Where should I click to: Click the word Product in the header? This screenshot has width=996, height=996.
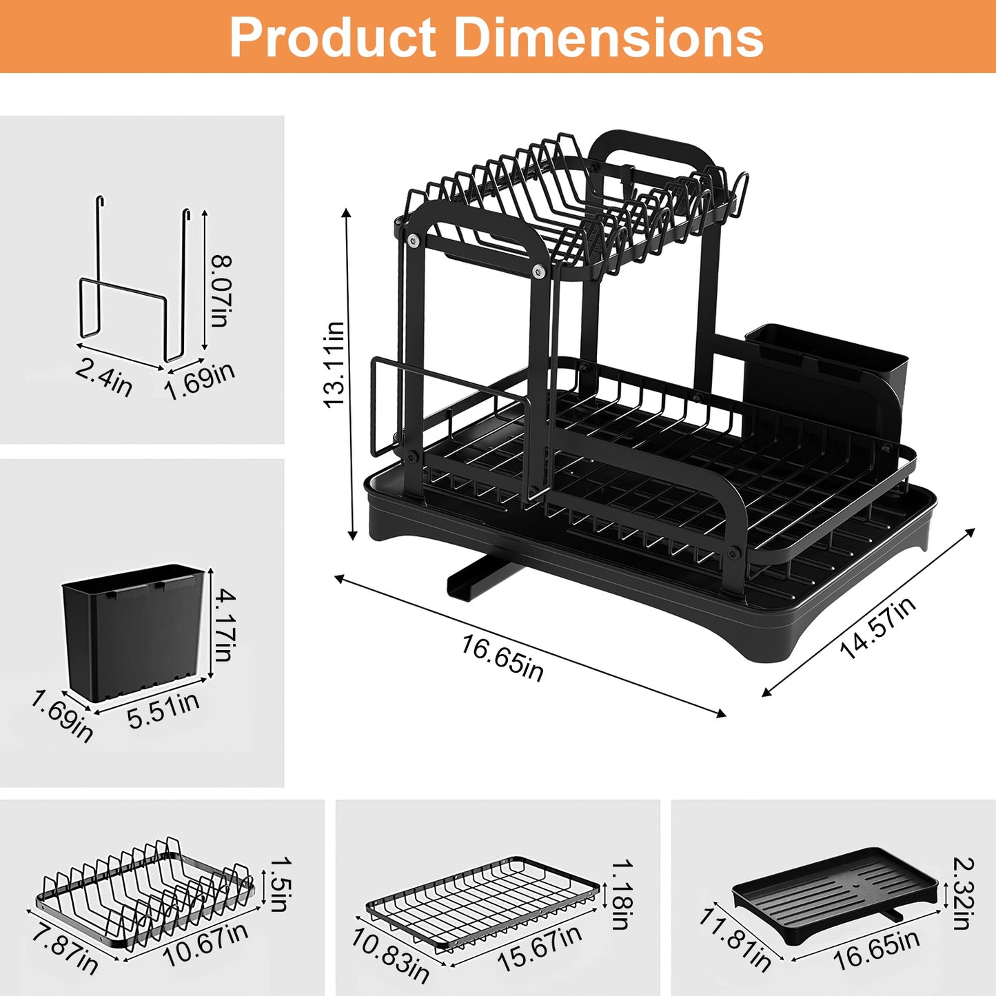pos(333,38)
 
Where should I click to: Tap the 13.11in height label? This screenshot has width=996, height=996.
pos(334,365)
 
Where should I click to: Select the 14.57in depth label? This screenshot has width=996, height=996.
pos(877,628)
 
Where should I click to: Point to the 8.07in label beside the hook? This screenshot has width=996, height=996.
pos(221,291)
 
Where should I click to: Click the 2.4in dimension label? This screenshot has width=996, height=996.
pos(103,378)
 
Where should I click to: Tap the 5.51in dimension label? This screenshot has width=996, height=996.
pos(163,711)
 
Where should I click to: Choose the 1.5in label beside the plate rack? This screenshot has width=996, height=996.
pos(278,884)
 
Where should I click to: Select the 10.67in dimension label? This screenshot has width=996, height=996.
pos(205,944)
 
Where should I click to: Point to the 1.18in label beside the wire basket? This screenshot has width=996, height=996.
pos(621,894)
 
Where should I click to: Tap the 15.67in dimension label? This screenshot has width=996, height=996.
pos(540,948)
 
